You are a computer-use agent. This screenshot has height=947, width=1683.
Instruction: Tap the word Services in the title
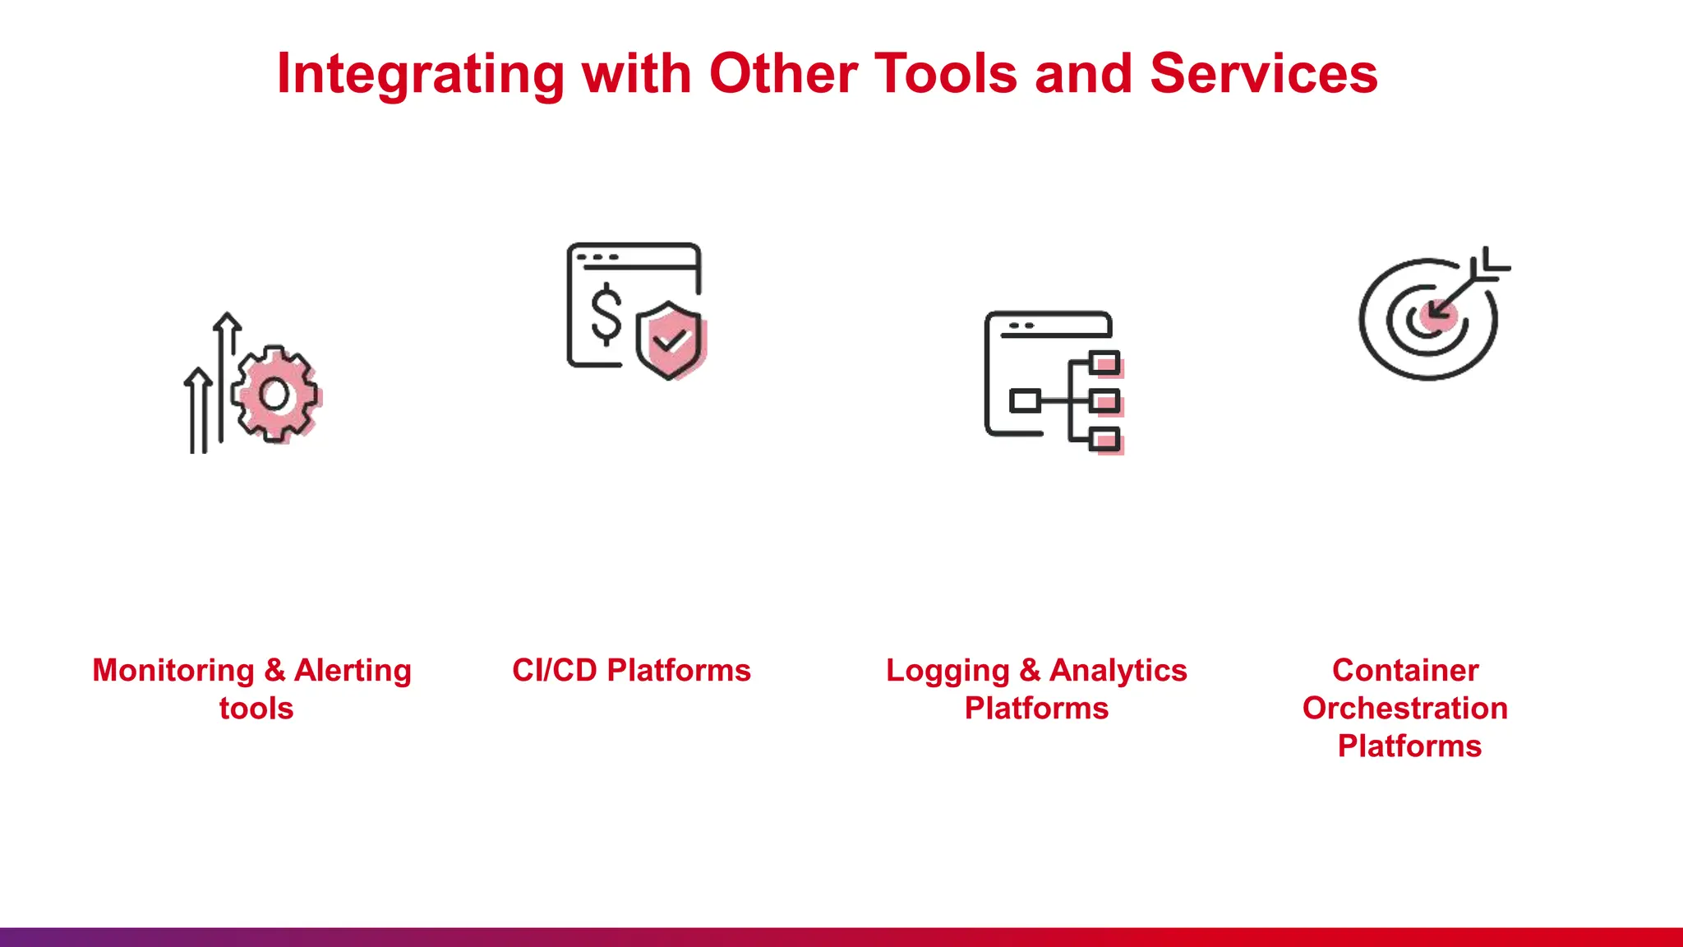(x=1263, y=74)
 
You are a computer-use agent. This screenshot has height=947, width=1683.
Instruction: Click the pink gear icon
(x=275, y=395)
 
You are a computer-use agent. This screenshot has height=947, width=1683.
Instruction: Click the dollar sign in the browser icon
(x=606, y=313)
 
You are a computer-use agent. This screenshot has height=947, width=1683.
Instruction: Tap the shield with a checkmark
(x=671, y=340)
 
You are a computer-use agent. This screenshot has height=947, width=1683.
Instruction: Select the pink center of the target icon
(x=1437, y=316)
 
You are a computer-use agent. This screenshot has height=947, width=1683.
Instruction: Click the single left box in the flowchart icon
(x=1025, y=401)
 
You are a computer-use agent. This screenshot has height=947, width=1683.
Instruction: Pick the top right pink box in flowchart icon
(x=1106, y=363)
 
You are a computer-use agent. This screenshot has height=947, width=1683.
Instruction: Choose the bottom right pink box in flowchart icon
(x=1106, y=441)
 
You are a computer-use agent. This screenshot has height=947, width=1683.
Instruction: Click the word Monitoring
(x=173, y=671)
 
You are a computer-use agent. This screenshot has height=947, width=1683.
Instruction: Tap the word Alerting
(x=353, y=671)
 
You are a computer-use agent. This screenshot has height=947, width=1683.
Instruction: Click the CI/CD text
(x=554, y=671)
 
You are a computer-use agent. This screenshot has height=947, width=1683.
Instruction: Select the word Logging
(x=948, y=671)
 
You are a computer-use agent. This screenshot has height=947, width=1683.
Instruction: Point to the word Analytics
(x=1118, y=671)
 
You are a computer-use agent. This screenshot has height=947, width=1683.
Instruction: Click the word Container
(x=1405, y=671)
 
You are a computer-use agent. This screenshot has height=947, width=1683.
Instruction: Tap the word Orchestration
(x=1405, y=709)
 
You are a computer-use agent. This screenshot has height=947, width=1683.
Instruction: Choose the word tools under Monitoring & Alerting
(x=256, y=709)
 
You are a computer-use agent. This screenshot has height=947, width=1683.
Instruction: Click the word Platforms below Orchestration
(x=1409, y=746)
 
